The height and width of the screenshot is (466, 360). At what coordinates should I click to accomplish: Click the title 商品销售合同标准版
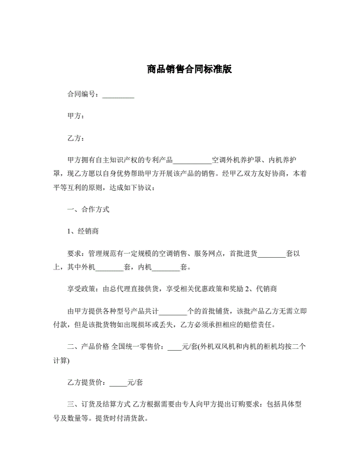tap(180, 68)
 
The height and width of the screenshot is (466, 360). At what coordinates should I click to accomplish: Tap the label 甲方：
tap(76, 116)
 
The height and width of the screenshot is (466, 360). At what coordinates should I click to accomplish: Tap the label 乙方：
tap(76, 138)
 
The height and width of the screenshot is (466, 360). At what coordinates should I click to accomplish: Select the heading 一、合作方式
tap(89, 209)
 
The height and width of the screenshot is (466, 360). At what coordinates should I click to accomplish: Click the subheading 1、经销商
tap(85, 231)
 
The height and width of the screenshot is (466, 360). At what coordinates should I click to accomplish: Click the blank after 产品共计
tap(173, 311)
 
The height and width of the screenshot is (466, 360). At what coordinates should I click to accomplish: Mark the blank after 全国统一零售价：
tap(175, 347)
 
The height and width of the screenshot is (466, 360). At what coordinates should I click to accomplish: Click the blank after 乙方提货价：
tap(118, 383)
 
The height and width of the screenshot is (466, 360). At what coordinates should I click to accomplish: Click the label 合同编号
tap(82, 94)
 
